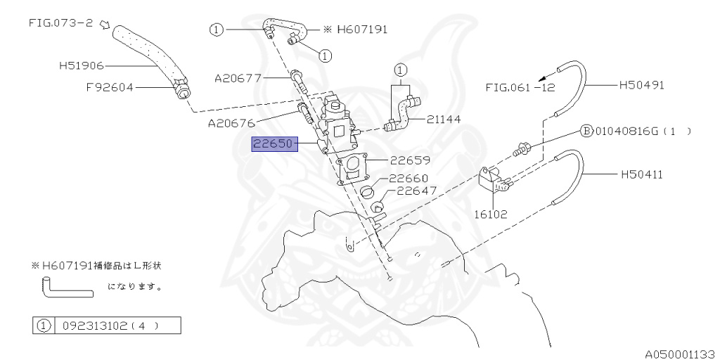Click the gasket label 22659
tap(411, 160)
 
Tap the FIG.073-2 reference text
tap(60, 22)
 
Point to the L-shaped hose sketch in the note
tap(63, 288)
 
